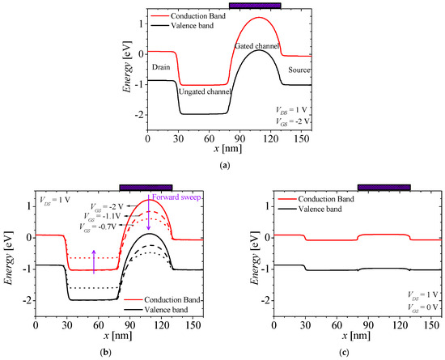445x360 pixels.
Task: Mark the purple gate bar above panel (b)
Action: click(x=145, y=187)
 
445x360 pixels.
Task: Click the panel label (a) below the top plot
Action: click(x=222, y=164)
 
